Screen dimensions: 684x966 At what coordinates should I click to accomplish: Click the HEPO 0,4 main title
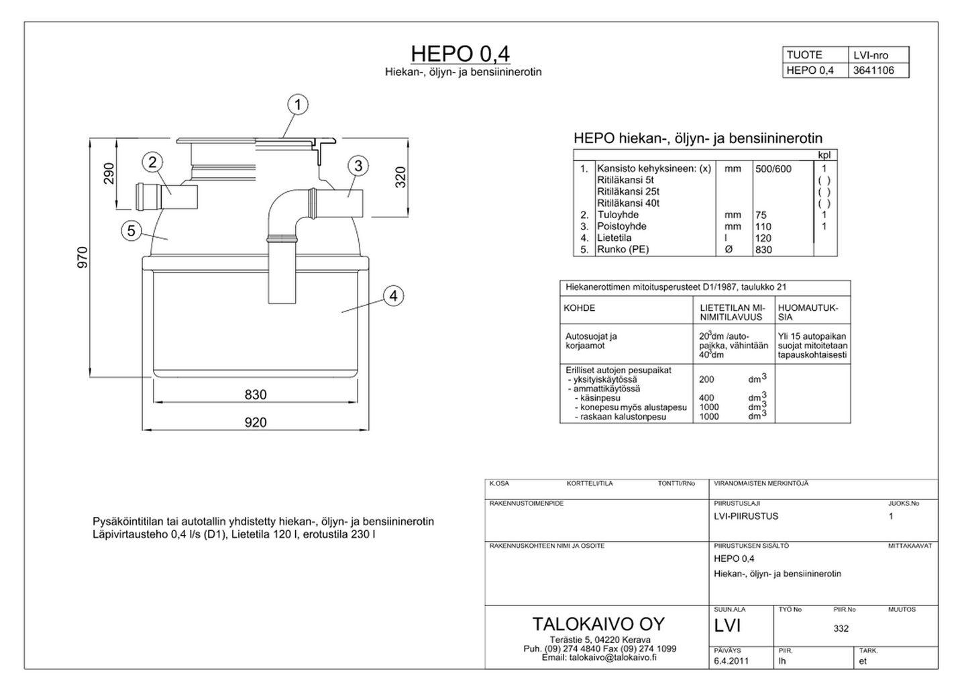[460, 54]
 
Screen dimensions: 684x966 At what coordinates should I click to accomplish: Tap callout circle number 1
[298, 105]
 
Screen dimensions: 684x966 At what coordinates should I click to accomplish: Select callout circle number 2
[153, 162]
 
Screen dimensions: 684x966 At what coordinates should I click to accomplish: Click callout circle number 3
[358, 166]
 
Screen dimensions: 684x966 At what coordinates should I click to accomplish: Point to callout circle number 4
[393, 295]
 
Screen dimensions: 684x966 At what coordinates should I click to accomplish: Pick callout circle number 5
[131, 231]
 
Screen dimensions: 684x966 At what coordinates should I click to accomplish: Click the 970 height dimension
[83, 258]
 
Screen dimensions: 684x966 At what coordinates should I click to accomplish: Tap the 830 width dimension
[256, 395]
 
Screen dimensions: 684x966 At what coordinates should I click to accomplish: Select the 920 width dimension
[256, 422]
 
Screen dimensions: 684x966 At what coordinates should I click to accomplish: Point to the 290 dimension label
[109, 173]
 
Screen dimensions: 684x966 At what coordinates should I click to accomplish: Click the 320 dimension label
[400, 177]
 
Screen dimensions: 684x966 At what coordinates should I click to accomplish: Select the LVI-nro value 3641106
[873, 70]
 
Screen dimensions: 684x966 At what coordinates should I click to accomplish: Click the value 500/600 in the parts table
[773, 169]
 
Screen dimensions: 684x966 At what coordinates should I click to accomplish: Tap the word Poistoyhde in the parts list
[621, 226]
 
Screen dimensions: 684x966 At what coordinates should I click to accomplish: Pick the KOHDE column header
[579, 308]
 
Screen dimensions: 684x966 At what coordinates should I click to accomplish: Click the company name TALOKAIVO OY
[598, 624]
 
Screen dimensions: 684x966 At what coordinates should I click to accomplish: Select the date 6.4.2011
[731, 661]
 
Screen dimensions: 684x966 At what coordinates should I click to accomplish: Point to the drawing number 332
[841, 628]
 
